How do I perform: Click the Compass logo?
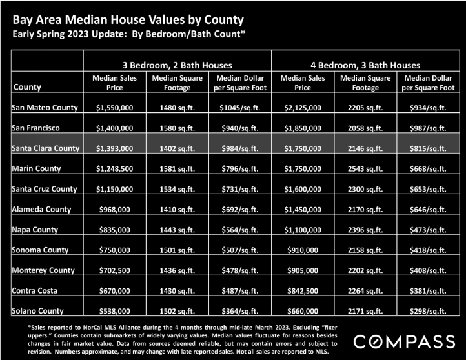[404, 341]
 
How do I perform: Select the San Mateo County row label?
[45, 108]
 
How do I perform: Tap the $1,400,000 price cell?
[114, 128]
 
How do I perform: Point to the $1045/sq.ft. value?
[240, 108]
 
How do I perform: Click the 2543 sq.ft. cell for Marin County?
[365, 169]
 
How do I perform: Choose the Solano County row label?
[37, 311]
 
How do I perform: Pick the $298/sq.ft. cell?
[428, 311]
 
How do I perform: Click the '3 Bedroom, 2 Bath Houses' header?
[177, 65]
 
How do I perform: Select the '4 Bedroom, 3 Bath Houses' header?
[365, 65]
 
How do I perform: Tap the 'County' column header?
[27, 87]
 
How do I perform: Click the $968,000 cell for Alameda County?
[114, 210]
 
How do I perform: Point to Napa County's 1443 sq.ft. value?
[177, 230]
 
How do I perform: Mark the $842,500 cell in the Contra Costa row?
[303, 291]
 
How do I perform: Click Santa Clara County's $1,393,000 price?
[114, 148]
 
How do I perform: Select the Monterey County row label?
[43, 270]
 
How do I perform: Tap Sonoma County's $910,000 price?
[303, 250]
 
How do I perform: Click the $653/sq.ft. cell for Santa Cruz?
[428, 189]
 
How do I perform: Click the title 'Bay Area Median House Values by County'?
[128, 20]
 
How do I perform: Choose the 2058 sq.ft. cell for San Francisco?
[365, 128]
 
